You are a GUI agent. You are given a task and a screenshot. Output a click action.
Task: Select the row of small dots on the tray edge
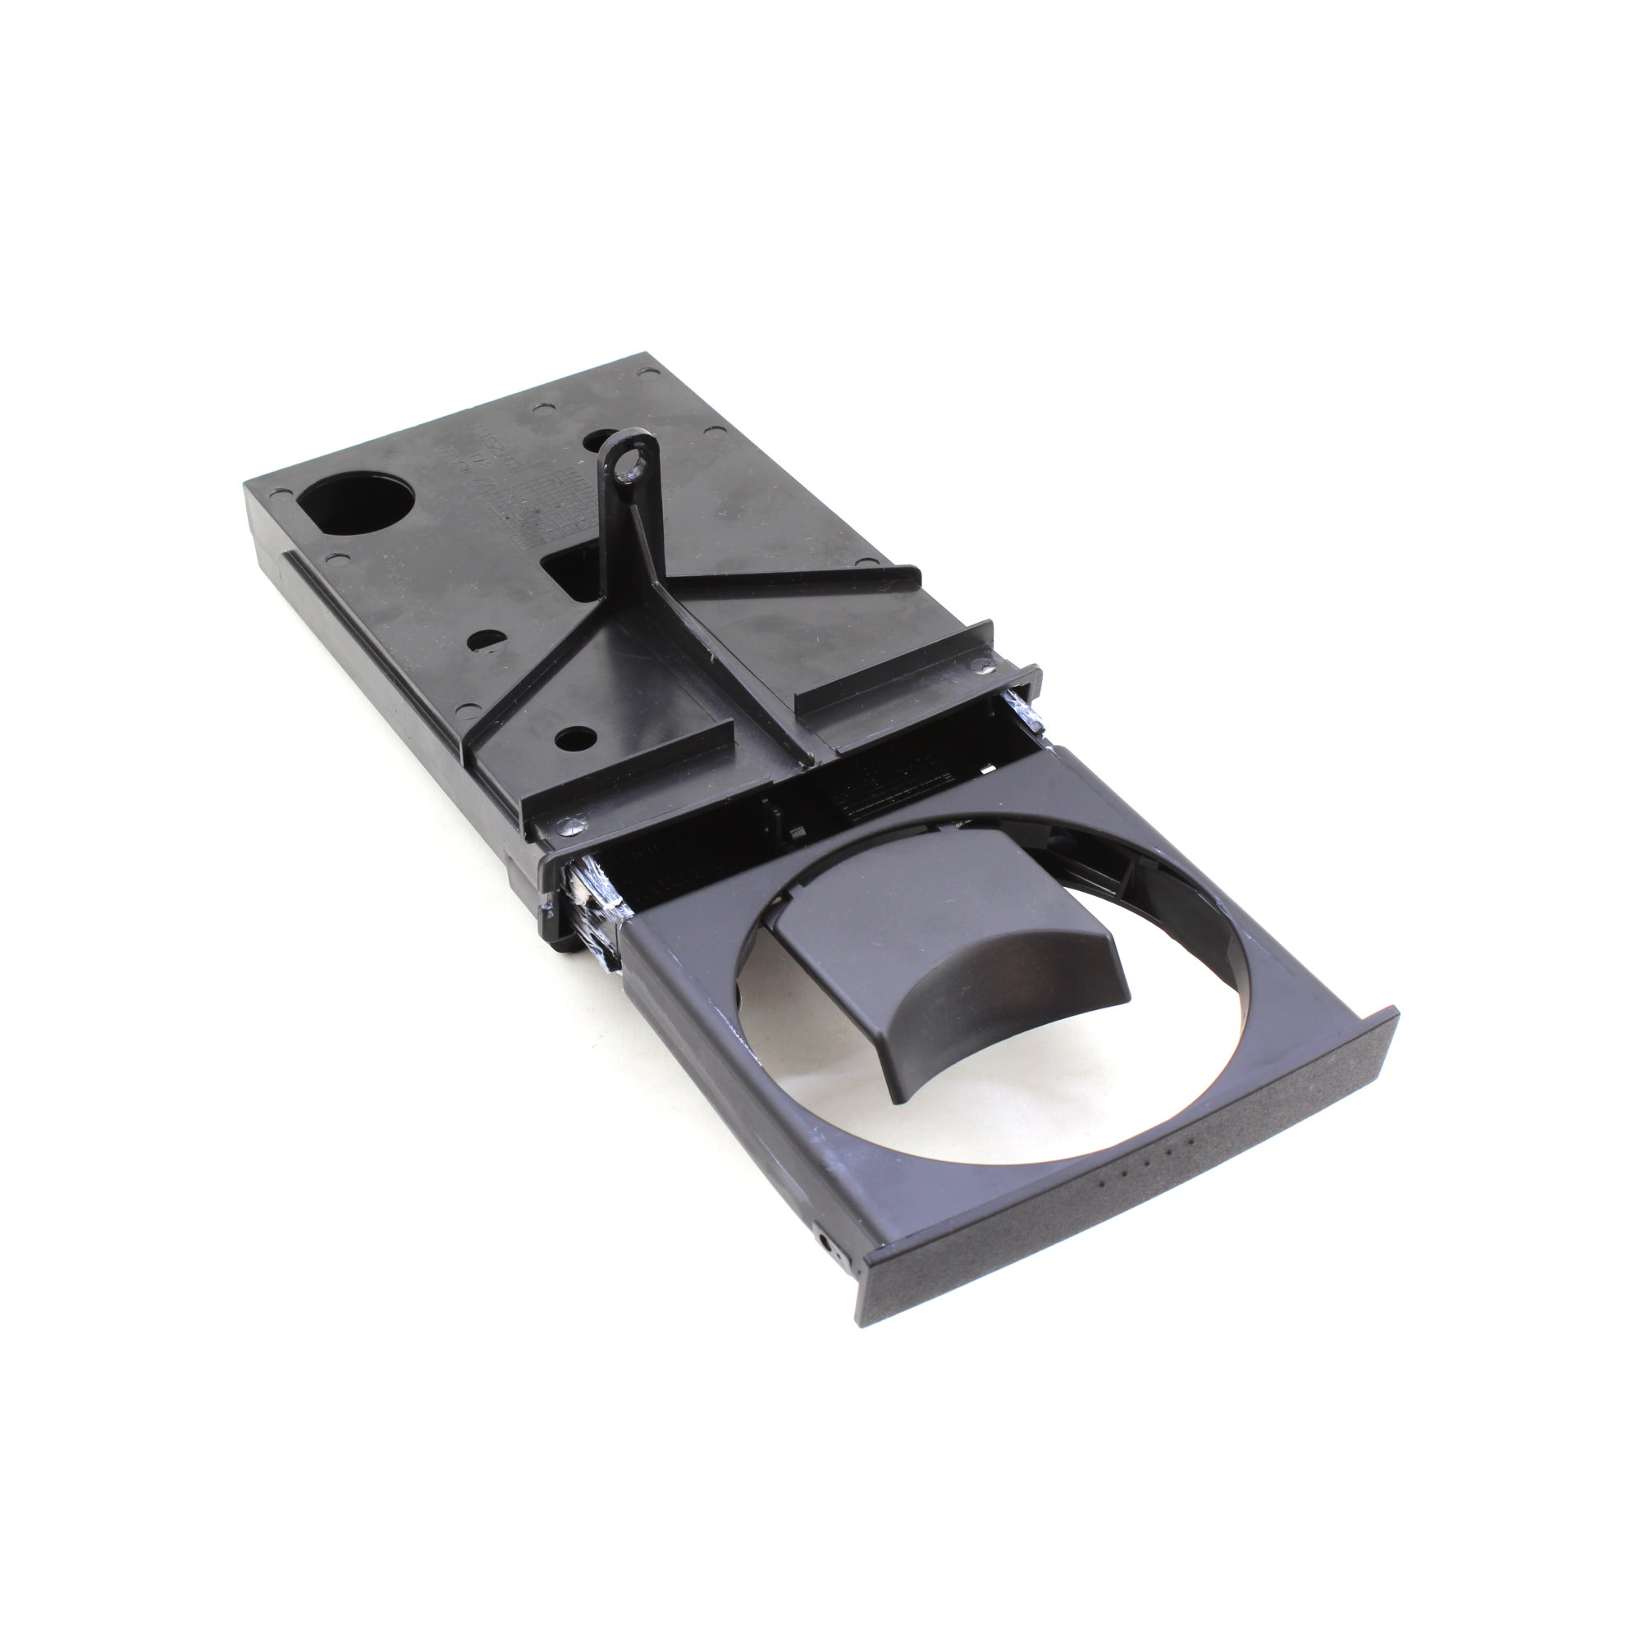click(x=1148, y=1157)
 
